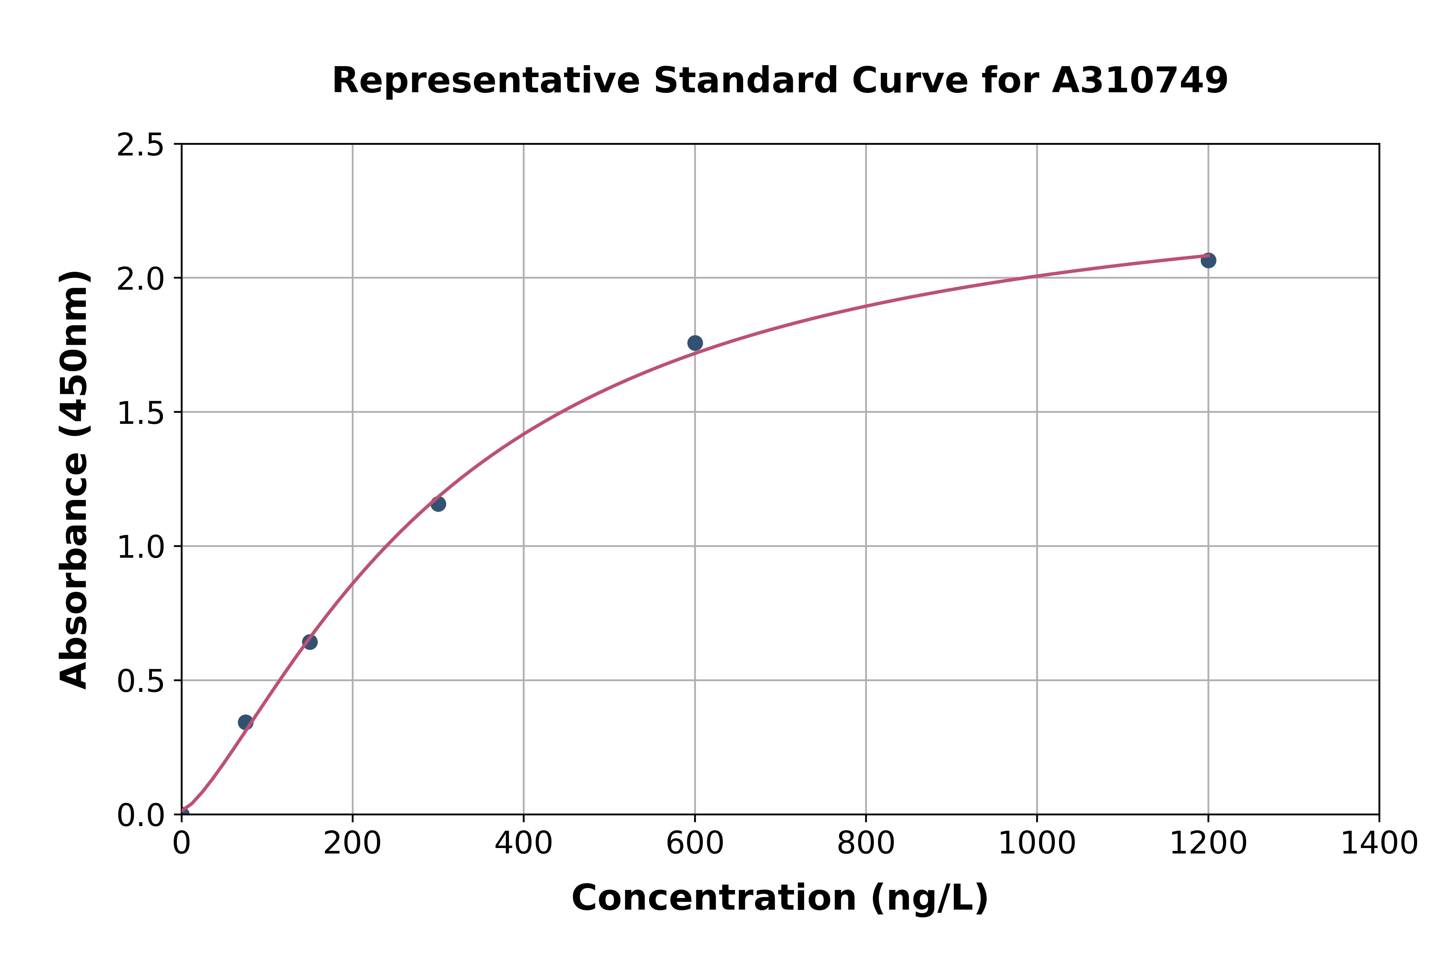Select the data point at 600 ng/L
click(695, 343)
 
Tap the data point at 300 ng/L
click(438, 504)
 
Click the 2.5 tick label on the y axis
click(141, 145)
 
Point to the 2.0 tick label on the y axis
click(141, 279)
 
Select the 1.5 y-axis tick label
click(141, 413)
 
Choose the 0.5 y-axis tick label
click(141, 681)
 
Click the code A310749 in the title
click(1140, 81)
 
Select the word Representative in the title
click(486, 81)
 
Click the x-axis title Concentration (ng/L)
click(780, 898)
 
